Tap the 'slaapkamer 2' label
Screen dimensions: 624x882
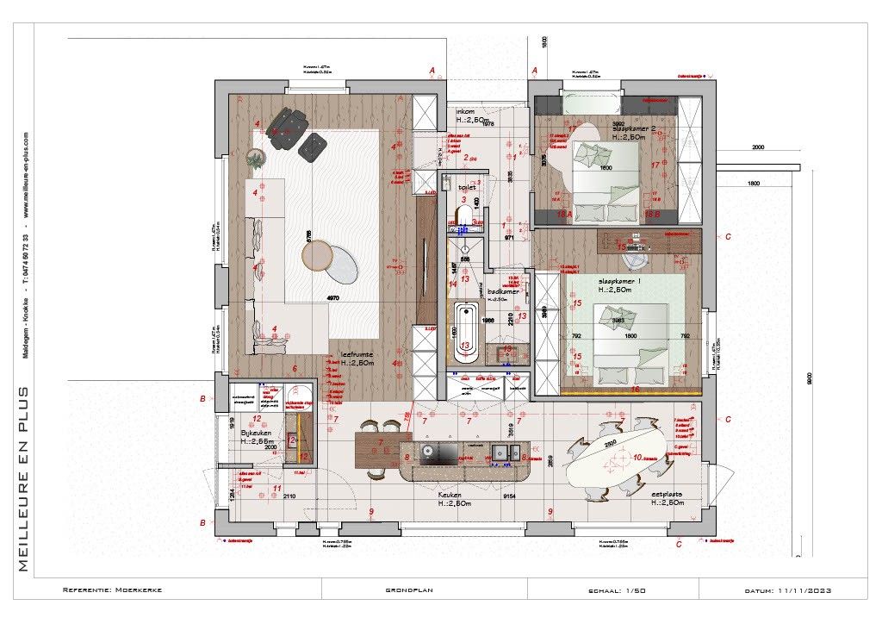[x=634, y=128]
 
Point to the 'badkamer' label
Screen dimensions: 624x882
[x=504, y=291]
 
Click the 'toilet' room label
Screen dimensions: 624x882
[x=467, y=186]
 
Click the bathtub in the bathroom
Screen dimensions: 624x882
[x=466, y=335]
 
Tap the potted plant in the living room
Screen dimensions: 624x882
[x=255, y=158]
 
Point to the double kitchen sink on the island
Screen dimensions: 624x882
[x=500, y=451]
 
